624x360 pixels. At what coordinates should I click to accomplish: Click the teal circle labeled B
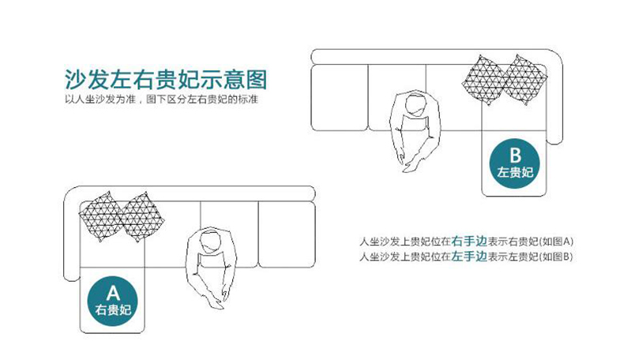point(515,160)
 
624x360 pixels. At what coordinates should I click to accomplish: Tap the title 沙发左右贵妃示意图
point(166,80)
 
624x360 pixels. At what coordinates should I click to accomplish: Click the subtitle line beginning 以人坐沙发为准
point(162,100)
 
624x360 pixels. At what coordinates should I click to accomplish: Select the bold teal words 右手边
point(467,241)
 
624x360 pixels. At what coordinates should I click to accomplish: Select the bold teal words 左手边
point(467,256)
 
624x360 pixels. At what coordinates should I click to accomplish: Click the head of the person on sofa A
point(209,242)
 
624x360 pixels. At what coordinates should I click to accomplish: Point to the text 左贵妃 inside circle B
point(515,171)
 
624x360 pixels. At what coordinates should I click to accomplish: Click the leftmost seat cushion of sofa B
point(340,98)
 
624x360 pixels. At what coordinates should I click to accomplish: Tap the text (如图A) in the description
point(558,241)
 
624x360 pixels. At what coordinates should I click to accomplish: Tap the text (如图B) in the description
point(558,256)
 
